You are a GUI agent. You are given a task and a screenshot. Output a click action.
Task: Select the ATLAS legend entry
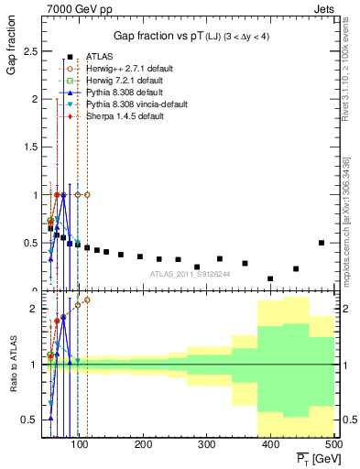click(99, 57)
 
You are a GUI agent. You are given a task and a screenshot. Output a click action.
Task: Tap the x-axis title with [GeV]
click(309, 458)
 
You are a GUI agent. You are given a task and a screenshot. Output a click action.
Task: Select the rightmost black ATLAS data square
click(321, 243)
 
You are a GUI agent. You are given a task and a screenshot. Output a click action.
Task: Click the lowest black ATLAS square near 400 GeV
click(270, 278)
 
